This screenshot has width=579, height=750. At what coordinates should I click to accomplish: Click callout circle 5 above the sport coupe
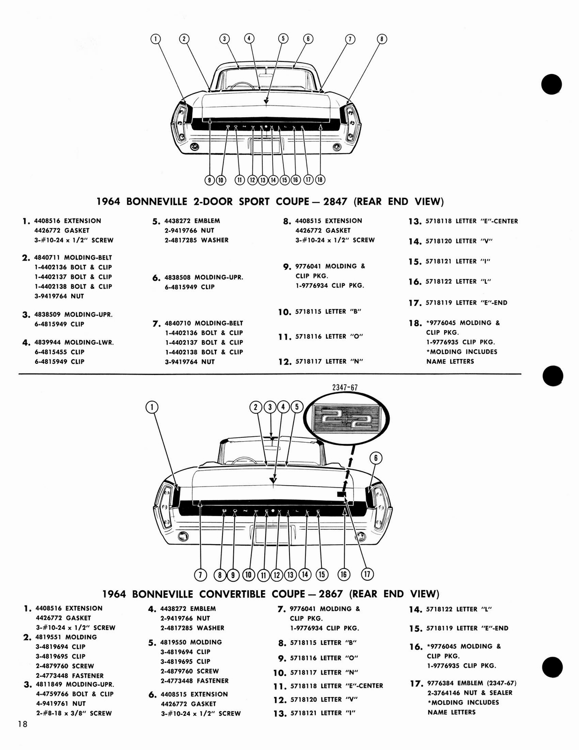click(x=283, y=38)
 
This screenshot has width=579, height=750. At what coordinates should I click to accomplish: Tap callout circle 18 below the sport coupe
click(x=320, y=180)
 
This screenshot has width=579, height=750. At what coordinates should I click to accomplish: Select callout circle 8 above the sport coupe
click(x=382, y=39)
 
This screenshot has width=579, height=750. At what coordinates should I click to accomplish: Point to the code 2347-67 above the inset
click(x=345, y=387)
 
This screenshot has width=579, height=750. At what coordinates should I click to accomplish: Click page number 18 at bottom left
click(x=22, y=724)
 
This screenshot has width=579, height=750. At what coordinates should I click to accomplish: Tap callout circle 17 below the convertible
click(x=367, y=574)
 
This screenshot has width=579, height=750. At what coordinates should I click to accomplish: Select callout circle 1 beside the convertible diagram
click(x=152, y=407)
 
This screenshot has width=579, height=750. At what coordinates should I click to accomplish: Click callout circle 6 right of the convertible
click(x=376, y=458)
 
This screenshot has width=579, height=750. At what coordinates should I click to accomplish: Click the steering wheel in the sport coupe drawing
click(x=241, y=85)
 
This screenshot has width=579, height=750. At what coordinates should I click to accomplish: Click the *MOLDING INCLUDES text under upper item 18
click(x=461, y=352)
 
